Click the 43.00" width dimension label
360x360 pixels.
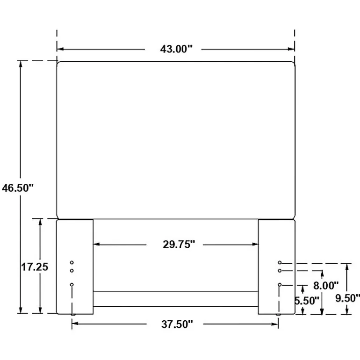[x=176, y=49]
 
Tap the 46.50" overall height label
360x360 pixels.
[x=18, y=188]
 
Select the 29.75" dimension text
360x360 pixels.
[x=179, y=245]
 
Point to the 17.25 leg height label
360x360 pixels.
[x=35, y=267]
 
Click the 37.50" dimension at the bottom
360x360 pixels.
[x=177, y=324]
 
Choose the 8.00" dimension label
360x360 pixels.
[x=326, y=286]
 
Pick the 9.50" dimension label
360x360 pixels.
[x=347, y=298]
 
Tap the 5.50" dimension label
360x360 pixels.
[x=307, y=301]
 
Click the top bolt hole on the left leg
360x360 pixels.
[x=72, y=262]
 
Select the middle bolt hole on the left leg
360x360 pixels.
[x=72, y=271]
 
